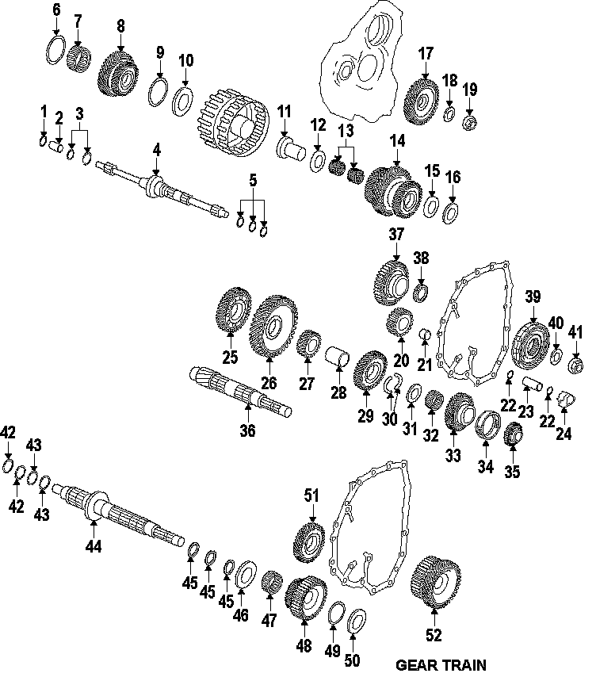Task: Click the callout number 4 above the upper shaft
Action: pos(157,151)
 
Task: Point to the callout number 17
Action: pos(426,54)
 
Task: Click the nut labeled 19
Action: pos(469,123)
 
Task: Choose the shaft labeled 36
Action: pos(241,392)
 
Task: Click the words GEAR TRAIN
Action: pos(441,664)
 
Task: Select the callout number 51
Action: pos(311,495)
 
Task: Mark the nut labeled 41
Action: pos(575,365)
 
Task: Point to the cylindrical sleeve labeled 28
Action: pos(338,357)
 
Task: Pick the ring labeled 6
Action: pos(55,51)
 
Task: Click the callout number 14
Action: pos(398,141)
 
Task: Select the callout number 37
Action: pos(396,235)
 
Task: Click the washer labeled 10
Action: pos(183,101)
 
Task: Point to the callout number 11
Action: pos(284,112)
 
